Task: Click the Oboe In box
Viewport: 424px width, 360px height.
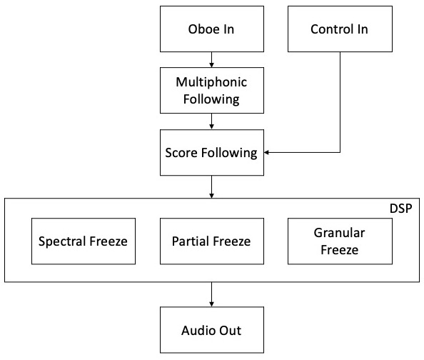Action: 212,29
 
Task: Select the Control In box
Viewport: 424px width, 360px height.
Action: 340,29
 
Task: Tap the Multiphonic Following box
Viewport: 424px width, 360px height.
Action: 212,91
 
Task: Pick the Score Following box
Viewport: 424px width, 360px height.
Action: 212,152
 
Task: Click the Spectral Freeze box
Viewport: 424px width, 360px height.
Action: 84,241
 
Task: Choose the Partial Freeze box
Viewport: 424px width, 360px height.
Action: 212,241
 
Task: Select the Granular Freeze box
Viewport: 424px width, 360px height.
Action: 340,241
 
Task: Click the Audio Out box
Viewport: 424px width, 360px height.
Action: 212,330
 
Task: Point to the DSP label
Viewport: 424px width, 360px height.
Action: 400,209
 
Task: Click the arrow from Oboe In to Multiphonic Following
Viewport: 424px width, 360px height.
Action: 212,59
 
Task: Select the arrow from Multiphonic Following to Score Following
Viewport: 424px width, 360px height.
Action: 212,121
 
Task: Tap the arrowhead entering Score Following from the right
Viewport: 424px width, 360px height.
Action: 266,152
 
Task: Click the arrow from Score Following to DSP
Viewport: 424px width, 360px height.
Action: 212,186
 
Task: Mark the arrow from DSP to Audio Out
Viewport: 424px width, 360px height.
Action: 212,294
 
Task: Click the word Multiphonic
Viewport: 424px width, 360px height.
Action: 211,82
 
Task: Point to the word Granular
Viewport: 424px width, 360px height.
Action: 339,233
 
